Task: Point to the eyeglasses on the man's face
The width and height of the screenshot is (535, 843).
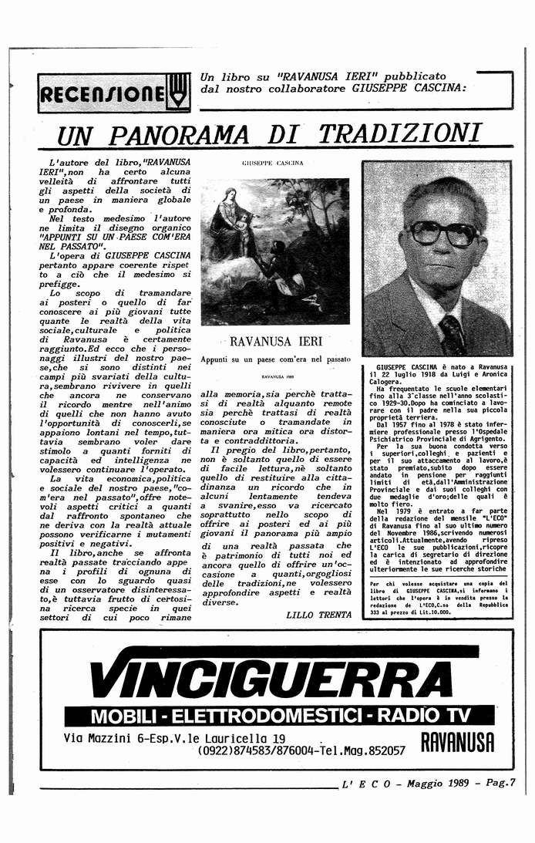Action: point(442,231)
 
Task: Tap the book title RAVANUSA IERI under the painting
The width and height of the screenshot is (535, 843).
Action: point(275,340)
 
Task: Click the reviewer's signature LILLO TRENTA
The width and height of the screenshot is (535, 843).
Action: point(317,615)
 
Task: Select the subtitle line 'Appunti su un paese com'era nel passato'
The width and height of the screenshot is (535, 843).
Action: point(274,359)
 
